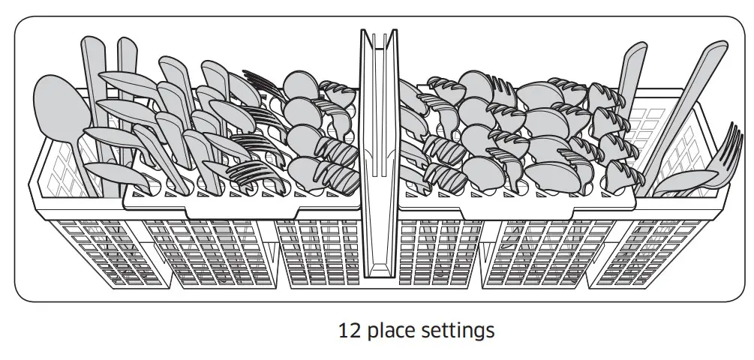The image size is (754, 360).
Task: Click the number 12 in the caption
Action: (x=348, y=329)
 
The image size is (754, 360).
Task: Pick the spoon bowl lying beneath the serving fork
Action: (x=686, y=182)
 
